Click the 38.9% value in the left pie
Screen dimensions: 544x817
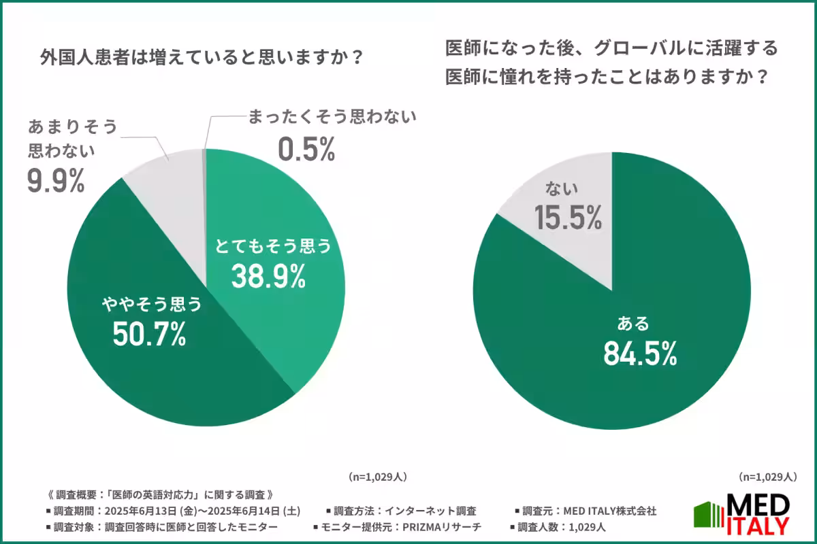pos(267,275)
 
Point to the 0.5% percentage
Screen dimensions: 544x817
pos(306,150)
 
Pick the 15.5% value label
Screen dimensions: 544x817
pos(568,217)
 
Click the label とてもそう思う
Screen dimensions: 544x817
pos(272,246)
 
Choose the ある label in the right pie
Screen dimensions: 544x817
pos(634,322)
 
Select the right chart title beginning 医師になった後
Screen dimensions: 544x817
pos(611,63)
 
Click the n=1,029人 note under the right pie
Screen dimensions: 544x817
pos(767,475)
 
